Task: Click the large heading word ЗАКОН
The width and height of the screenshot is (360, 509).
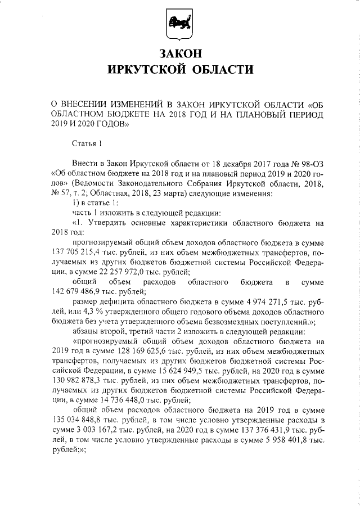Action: tap(179, 54)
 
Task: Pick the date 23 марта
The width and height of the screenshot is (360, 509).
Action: tap(159, 192)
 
